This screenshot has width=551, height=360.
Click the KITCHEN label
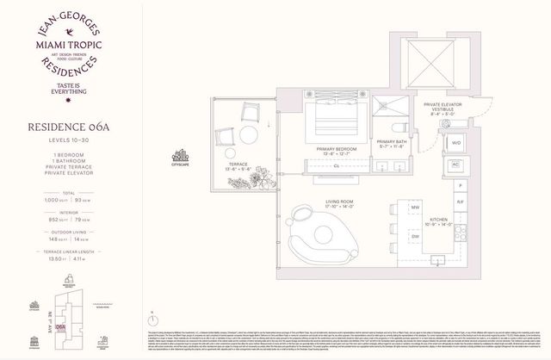click(x=438, y=220)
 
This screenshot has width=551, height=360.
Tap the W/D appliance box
click(x=456, y=143)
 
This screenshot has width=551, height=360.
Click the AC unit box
click(x=456, y=164)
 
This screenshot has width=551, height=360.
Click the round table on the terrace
click(x=250, y=135)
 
